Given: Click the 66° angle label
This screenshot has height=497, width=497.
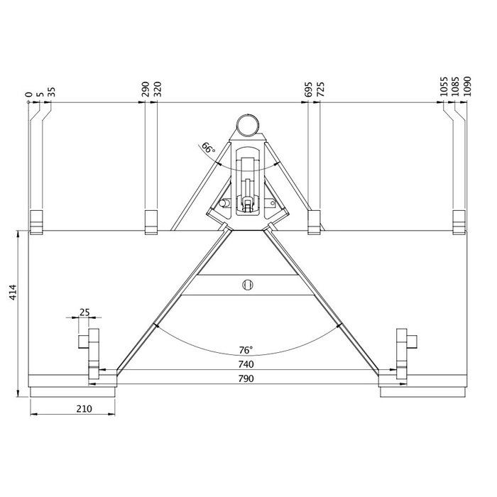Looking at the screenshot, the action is (x=209, y=148).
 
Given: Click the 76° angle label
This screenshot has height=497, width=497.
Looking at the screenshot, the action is (x=246, y=350).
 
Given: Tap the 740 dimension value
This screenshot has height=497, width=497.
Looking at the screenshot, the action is (x=246, y=364).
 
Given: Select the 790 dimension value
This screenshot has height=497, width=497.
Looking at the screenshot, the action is (x=246, y=378).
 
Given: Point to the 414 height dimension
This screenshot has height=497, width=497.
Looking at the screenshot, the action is (x=13, y=293).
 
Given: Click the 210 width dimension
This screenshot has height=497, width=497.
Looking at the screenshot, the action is (x=84, y=409).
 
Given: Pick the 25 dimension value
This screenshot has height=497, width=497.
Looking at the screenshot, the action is (x=84, y=312).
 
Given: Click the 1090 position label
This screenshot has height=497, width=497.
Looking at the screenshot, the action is (x=467, y=86).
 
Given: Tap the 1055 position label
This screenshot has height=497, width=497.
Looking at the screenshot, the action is (x=444, y=86).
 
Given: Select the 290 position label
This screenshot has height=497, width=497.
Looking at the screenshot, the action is (x=145, y=89).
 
